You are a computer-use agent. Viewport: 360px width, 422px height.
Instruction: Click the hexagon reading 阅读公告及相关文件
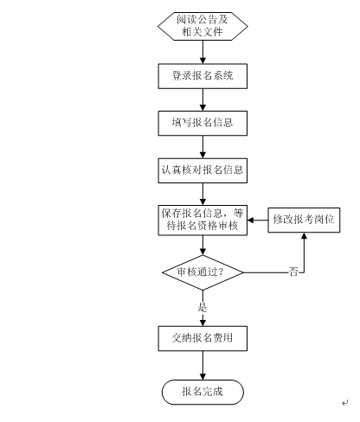(x=202, y=26)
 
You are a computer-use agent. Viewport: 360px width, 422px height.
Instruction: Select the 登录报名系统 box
(x=202, y=76)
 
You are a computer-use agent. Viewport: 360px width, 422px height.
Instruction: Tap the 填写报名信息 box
(x=202, y=123)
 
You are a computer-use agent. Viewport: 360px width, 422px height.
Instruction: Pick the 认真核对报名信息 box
(x=202, y=170)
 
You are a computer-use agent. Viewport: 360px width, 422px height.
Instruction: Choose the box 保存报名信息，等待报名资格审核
(x=202, y=221)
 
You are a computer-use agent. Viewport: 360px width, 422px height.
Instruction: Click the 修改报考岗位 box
(x=304, y=220)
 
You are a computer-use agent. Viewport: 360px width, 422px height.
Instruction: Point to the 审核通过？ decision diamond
(x=202, y=272)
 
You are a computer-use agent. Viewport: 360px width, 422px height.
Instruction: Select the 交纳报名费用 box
(x=202, y=338)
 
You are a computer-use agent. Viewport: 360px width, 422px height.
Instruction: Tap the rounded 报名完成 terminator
(x=202, y=392)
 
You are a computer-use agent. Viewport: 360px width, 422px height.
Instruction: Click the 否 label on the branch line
(x=293, y=272)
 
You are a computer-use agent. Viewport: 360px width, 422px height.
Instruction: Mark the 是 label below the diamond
(x=202, y=307)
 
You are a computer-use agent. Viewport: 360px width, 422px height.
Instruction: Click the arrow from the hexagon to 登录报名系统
(x=202, y=52)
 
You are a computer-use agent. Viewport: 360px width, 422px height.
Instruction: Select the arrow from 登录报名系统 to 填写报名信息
(x=202, y=99)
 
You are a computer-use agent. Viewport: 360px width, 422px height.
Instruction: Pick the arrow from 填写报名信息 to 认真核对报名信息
(x=202, y=147)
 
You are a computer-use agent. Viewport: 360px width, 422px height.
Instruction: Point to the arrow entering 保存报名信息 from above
(x=202, y=194)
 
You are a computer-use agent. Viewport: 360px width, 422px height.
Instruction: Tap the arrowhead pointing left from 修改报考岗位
(x=250, y=221)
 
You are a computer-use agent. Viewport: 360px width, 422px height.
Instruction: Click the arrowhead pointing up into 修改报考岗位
(x=304, y=235)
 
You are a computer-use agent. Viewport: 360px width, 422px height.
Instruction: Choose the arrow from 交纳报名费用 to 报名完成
(x=202, y=365)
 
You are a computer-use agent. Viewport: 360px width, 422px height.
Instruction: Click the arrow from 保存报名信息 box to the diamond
(x=202, y=246)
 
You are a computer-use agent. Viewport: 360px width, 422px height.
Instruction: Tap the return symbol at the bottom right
(x=345, y=402)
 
